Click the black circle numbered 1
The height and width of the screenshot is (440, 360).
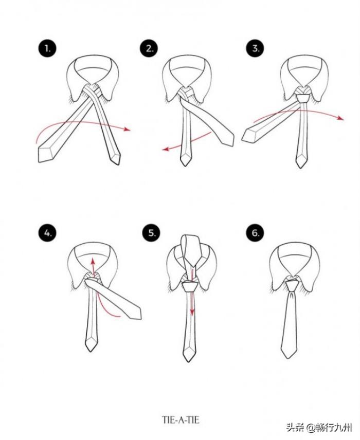click(x=47, y=48)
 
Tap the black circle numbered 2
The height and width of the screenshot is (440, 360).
click(x=149, y=48)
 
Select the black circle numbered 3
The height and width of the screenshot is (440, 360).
click(x=255, y=48)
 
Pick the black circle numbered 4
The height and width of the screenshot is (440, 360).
click(x=47, y=233)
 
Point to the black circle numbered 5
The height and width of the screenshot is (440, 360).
click(x=152, y=233)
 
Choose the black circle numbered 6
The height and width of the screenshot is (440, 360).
click(x=255, y=233)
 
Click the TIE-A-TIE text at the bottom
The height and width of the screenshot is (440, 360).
click(x=181, y=420)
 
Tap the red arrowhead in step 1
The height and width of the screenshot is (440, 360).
click(x=128, y=129)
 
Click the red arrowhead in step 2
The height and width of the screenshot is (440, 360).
click(x=166, y=150)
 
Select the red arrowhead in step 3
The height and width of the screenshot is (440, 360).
click(x=340, y=118)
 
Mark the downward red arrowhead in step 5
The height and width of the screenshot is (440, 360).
click(x=192, y=312)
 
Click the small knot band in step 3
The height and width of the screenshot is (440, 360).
click(x=303, y=99)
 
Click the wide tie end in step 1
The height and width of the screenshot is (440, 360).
click(x=46, y=154)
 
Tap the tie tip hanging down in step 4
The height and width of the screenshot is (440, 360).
click(x=91, y=344)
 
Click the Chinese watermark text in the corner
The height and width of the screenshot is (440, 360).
click(x=319, y=428)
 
